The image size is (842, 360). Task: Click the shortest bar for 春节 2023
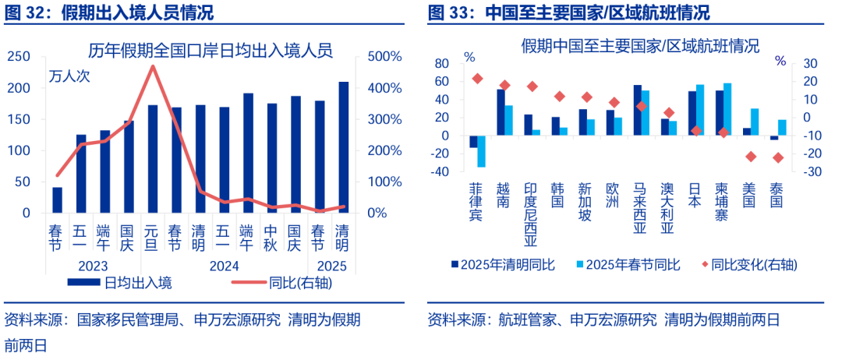coord(57,199)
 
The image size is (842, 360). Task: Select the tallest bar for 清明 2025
coord(343,147)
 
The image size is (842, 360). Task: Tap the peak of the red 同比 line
coord(153,66)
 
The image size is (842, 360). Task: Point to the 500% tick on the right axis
coord(384,57)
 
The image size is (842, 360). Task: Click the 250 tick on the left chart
coord(19,57)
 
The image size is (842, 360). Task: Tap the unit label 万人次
coord(70,76)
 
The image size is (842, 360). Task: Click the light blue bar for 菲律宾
coord(481,151)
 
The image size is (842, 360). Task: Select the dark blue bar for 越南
coord(501,112)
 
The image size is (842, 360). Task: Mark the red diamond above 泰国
coord(777,158)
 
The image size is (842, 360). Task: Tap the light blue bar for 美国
coord(754,122)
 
